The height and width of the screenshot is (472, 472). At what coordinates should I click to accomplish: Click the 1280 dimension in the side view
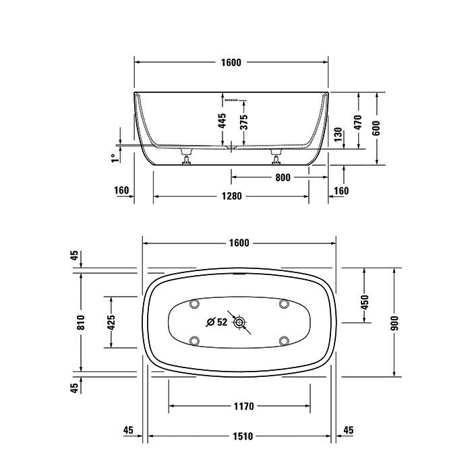231,196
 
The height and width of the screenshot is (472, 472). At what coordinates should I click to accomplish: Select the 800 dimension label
283,177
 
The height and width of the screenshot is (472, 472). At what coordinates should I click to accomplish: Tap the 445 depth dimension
222,121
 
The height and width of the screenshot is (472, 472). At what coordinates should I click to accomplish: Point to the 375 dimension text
244,122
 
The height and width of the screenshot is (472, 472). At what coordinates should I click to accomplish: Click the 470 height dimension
357,122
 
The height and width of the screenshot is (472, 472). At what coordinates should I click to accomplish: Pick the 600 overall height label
376,128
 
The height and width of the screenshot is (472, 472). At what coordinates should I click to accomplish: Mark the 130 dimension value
338,135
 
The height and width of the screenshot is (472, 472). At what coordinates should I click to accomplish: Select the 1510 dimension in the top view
243,436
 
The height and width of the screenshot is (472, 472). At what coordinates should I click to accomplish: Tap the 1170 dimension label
244,407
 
